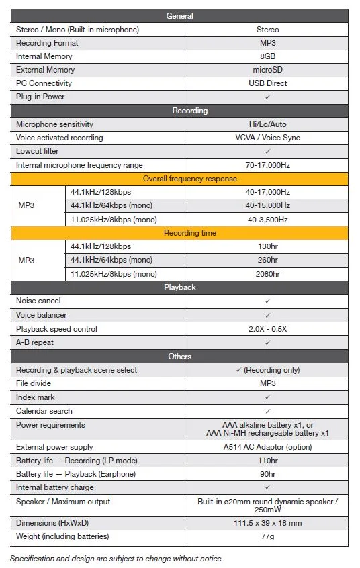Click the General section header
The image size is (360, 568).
click(x=179, y=16)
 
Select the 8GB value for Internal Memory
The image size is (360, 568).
click(x=267, y=56)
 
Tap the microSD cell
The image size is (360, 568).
click(x=267, y=70)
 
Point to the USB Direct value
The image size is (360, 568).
click(x=267, y=83)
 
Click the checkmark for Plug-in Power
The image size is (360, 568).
click(x=267, y=97)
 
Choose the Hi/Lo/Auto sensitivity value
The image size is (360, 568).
click(x=267, y=124)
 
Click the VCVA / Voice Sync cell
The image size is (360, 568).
click(x=267, y=138)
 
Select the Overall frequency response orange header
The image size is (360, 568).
click(x=179, y=179)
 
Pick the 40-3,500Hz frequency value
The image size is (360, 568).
click(x=267, y=220)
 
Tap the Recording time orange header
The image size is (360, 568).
click(x=179, y=233)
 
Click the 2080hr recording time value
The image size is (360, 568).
click(x=267, y=274)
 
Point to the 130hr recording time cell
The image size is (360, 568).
click(x=267, y=246)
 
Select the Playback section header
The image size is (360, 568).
click(x=179, y=287)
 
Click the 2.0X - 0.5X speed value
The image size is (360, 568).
click(x=267, y=329)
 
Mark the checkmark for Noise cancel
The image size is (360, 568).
click(x=267, y=301)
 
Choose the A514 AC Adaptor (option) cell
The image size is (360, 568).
click(x=267, y=446)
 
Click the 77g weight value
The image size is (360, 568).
click(x=267, y=536)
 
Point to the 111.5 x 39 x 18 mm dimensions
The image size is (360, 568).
click(x=267, y=523)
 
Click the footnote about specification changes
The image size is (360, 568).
click(x=115, y=559)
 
